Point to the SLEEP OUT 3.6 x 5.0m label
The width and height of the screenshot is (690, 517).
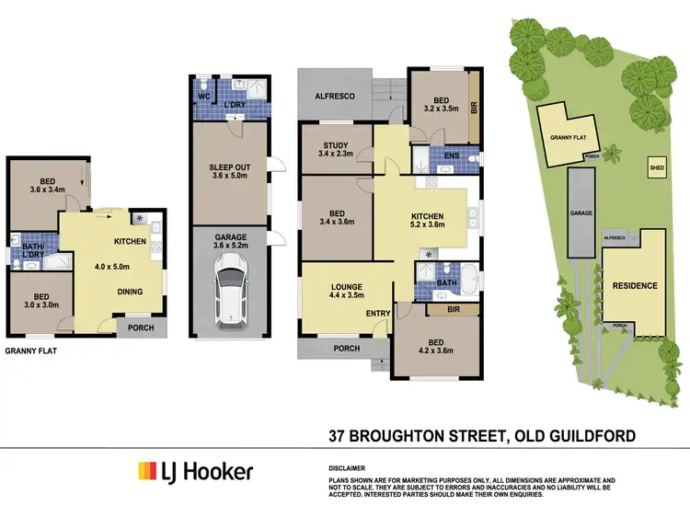tap(229, 172)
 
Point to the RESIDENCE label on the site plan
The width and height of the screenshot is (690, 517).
tap(635, 286)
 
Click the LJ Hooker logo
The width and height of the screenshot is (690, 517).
tap(195, 472)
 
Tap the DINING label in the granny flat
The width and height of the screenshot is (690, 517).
tap(130, 292)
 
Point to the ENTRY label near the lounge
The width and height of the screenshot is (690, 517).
tap(378, 314)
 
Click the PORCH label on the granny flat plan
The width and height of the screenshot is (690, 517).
tap(141, 327)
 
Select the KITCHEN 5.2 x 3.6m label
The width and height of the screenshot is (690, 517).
tap(427, 219)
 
